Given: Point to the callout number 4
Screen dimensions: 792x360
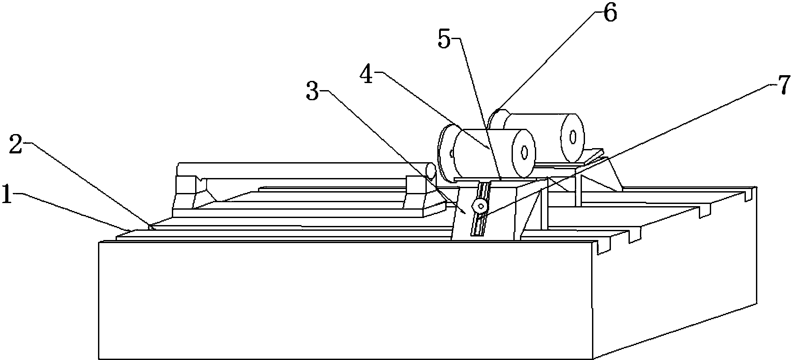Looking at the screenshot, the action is (367, 76).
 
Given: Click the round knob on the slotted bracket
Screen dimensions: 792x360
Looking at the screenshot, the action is (480, 206).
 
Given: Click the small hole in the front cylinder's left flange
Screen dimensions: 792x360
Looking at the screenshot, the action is (451, 154).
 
